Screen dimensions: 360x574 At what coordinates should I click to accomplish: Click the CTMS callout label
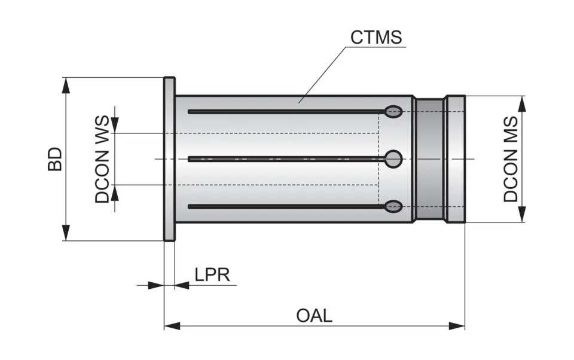coord(376,38)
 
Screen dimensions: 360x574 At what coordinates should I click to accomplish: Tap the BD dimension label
coord(55,158)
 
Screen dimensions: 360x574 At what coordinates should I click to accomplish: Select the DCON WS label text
coord(103,159)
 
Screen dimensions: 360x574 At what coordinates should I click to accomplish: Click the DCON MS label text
coord(510,159)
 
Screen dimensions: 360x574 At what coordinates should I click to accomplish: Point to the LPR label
coord(212,275)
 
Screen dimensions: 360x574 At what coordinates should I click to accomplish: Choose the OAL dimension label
coord(314,316)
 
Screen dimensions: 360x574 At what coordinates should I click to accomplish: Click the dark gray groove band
coord(429,159)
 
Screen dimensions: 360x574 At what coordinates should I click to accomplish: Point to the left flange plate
coord(169,159)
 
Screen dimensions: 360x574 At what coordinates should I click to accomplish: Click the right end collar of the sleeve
coord(456,159)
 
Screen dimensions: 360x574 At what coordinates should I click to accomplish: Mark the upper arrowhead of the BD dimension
coord(66,84)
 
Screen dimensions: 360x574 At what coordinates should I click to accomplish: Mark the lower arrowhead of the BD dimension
coord(66,233)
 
